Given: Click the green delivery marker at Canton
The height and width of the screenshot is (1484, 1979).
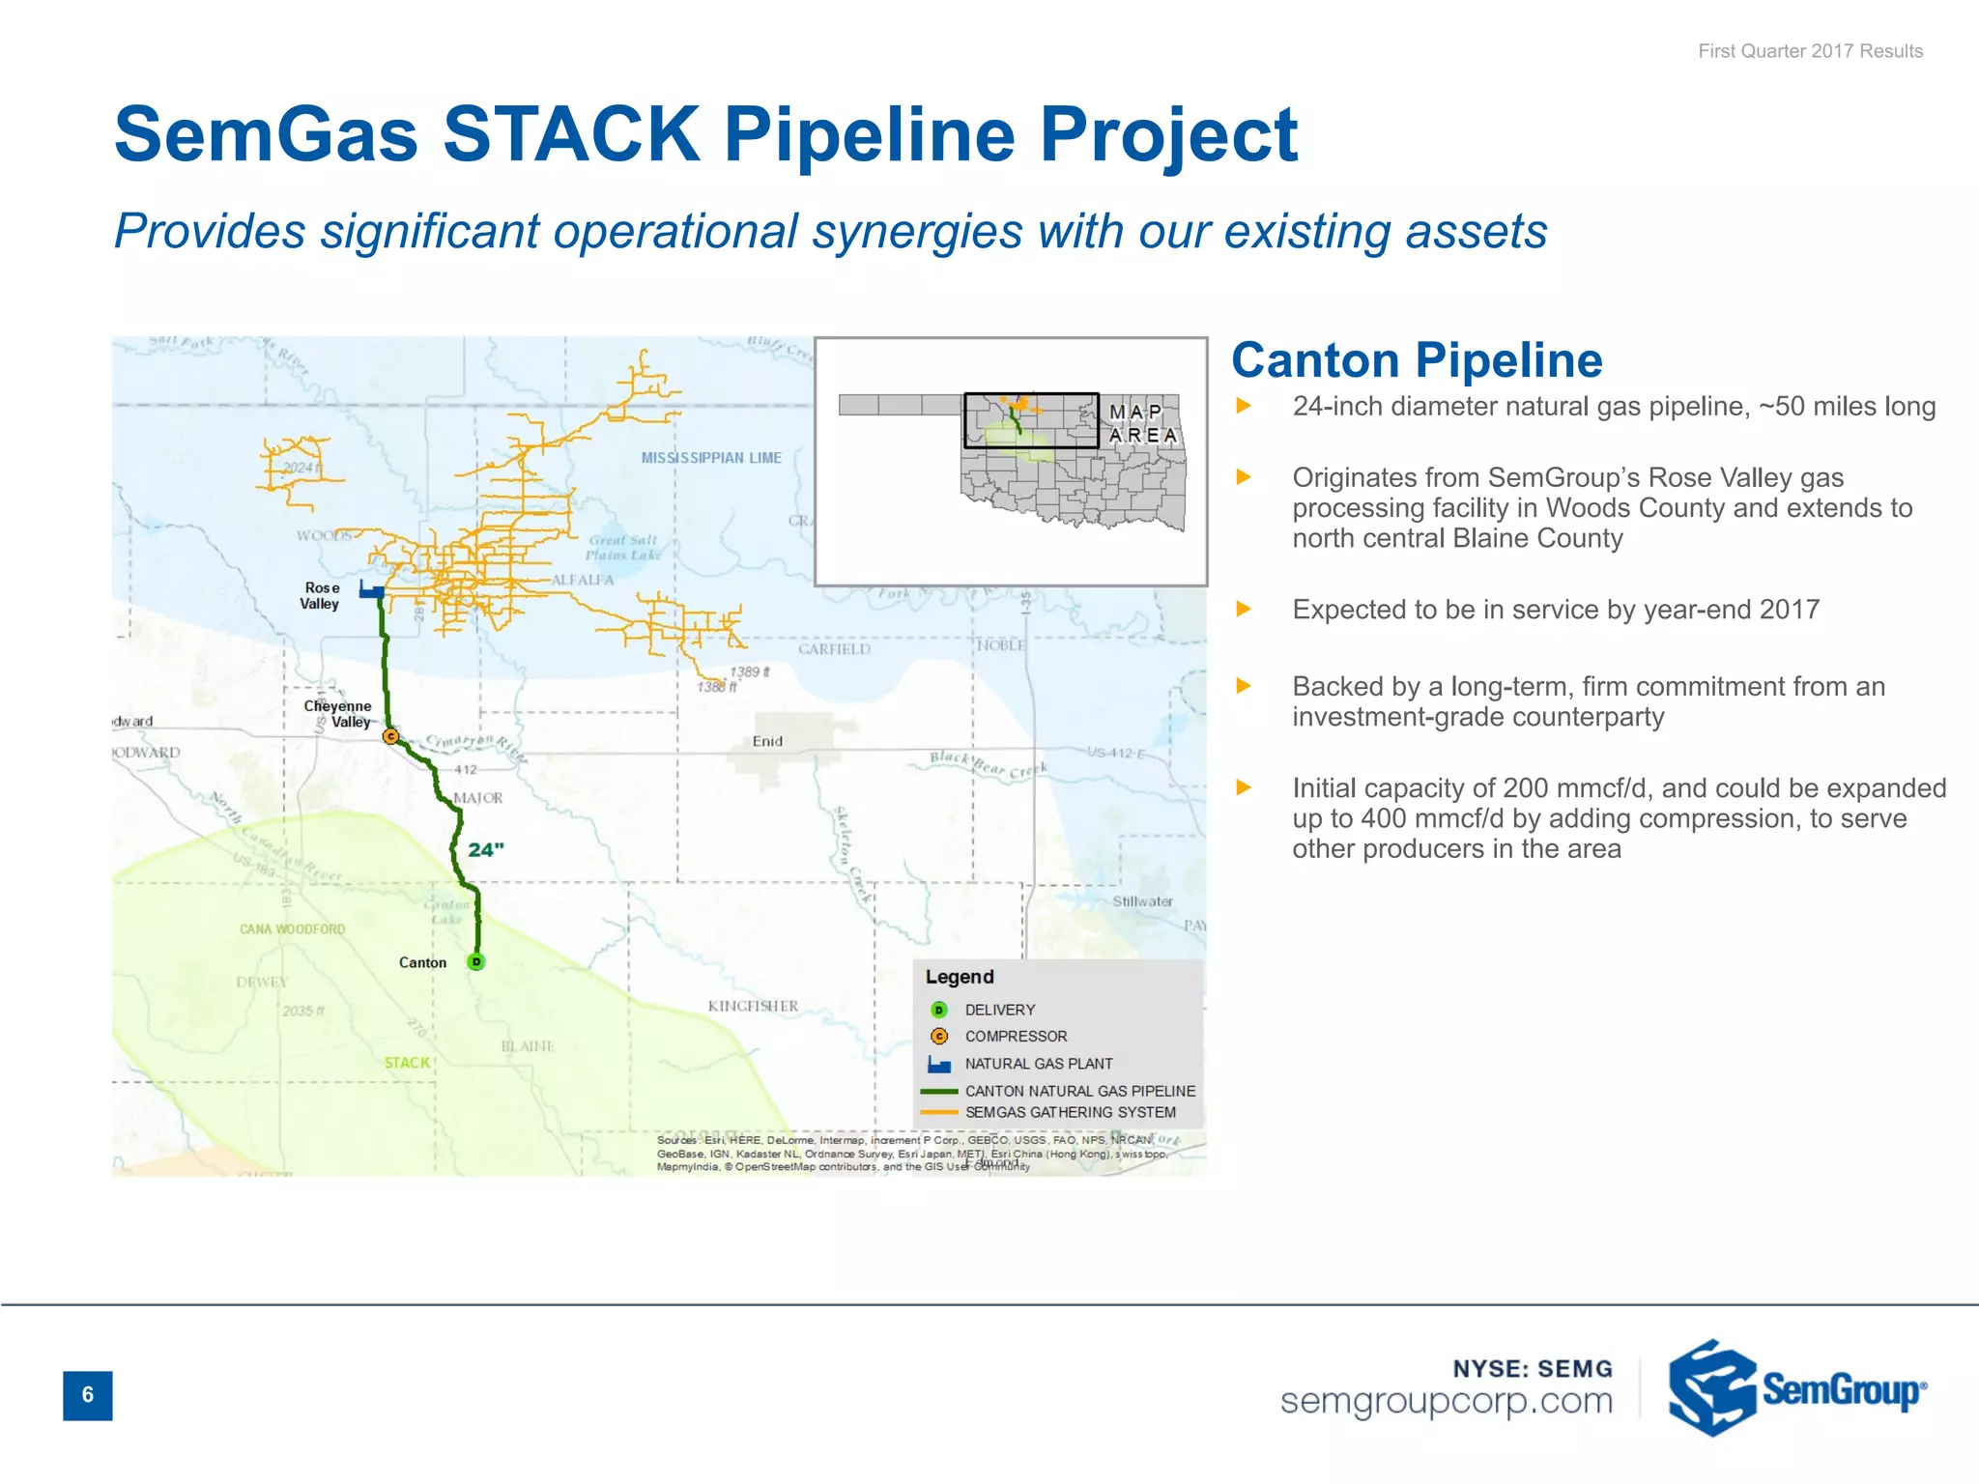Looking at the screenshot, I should [x=475, y=961].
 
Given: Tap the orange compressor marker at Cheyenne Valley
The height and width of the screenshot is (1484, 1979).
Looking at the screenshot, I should [x=390, y=736].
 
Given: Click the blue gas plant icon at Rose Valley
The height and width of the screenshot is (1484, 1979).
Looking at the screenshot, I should [x=372, y=589].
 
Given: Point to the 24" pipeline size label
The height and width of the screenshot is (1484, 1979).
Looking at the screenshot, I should [x=486, y=850].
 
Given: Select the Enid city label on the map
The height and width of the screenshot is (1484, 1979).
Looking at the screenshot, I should [x=767, y=741].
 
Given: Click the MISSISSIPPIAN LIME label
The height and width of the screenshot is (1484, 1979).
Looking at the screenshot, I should [x=711, y=458].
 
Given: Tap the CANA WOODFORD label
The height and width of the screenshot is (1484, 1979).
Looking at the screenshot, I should [x=292, y=929].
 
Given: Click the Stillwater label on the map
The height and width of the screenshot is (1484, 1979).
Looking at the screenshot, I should [x=1142, y=901].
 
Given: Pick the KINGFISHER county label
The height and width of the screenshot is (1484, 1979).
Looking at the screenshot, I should [x=753, y=1006].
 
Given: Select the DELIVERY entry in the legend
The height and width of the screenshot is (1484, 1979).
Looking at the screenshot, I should [x=999, y=1010].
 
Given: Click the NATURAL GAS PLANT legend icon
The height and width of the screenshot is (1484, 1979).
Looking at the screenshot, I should [x=938, y=1064].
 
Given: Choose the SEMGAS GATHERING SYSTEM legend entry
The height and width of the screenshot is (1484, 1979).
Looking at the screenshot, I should [x=1070, y=1113].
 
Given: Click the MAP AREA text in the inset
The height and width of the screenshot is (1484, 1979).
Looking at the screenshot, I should [x=1142, y=423].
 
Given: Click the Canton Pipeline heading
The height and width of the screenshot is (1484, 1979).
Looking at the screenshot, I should [x=1417, y=360].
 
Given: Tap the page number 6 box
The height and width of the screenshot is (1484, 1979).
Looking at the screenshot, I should [x=88, y=1395].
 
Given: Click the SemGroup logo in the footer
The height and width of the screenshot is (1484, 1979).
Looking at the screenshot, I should [x=1796, y=1388].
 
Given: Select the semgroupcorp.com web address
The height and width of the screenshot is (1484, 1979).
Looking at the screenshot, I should [x=1447, y=1401].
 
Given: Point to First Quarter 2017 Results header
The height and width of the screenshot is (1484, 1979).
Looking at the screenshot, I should [x=1810, y=51].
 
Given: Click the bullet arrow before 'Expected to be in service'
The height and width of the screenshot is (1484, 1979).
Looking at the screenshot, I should [x=1244, y=610].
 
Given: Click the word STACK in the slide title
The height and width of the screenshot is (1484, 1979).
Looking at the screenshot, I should [x=571, y=134].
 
